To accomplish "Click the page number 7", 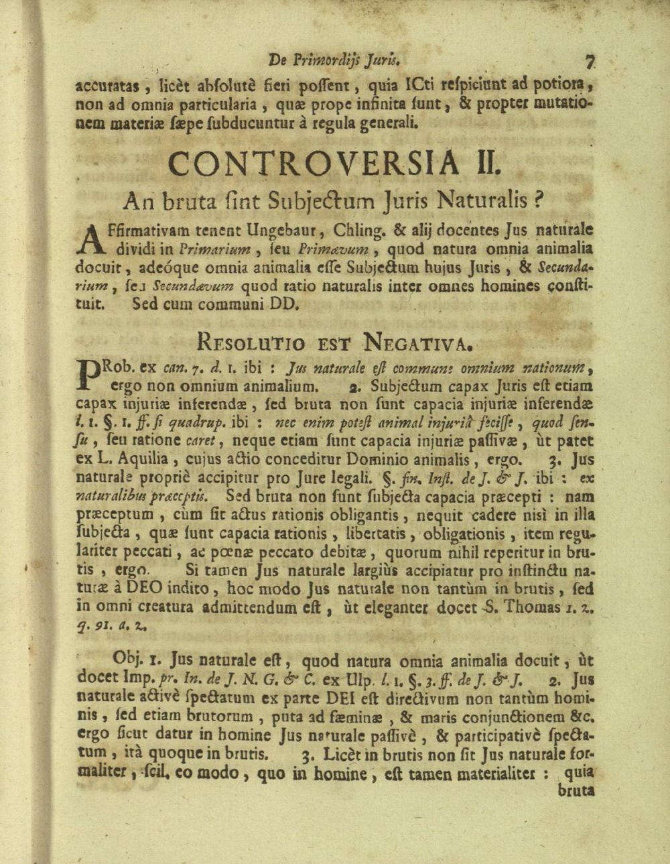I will (590, 62).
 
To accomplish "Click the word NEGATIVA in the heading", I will (417, 343).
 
